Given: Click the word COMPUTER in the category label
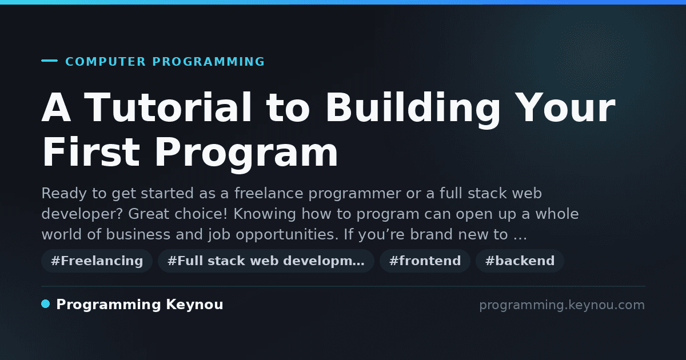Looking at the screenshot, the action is [x=105, y=62].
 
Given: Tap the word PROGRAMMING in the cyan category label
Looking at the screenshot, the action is [x=208, y=62].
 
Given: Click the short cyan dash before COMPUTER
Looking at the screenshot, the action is [x=49, y=61].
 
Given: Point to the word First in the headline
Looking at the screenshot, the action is [x=91, y=152].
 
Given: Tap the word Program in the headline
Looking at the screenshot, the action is [x=246, y=155].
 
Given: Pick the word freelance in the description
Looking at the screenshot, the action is [x=269, y=194].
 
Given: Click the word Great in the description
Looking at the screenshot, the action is [x=149, y=214].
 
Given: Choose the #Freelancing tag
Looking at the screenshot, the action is [x=97, y=261].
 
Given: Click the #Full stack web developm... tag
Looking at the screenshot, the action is [x=266, y=261].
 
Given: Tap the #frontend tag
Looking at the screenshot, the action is [x=425, y=261].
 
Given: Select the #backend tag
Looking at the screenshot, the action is [x=520, y=261].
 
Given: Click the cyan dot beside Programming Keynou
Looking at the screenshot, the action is [x=45, y=304].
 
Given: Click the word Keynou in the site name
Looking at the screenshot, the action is [x=194, y=305].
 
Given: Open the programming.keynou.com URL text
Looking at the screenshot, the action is [x=562, y=305].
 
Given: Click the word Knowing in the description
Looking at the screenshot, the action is [x=265, y=214].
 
